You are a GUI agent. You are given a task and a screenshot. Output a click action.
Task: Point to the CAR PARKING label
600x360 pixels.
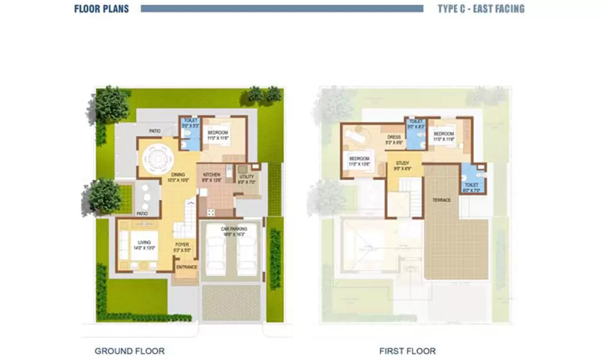pyautogui.click(x=230, y=230)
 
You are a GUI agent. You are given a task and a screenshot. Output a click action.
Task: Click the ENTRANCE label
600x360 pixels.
pyautogui.click(x=187, y=267)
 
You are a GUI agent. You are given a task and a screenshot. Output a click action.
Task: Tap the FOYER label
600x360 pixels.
pyautogui.click(x=182, y=245)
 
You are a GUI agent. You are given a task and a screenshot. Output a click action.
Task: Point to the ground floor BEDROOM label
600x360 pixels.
pyautogui.click(x=216, y=133)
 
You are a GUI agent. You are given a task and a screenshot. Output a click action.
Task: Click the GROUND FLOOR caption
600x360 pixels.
pyautogui.click(x=130, y=351)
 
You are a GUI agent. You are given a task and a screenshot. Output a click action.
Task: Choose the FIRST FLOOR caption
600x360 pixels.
pyautogui.click(x=407, y=351)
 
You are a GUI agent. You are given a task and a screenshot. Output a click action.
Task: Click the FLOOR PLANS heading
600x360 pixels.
pyautogui.click(x=101, y=9)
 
